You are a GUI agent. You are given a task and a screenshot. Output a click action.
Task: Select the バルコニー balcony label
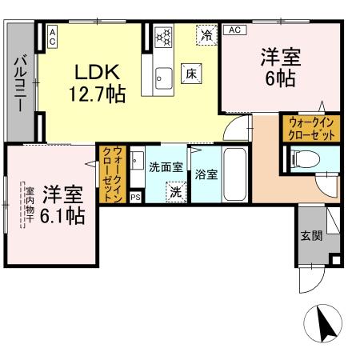coord(21,82)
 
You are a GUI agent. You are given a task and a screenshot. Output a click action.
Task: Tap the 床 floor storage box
coord(192,72)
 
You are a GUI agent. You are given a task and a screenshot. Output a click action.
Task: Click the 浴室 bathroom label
coord(204,173)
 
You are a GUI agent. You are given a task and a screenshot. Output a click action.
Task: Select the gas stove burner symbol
coord(165,37)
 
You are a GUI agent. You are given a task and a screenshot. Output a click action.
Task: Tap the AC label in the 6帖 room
coord(234,30)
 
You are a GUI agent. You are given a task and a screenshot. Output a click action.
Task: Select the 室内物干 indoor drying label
coord(27,206)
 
